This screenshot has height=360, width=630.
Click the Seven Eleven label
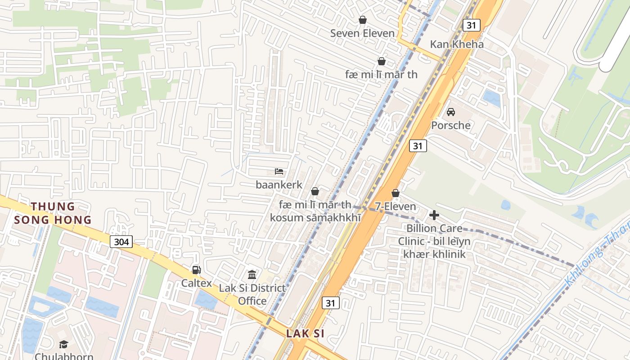(x=362, y=33)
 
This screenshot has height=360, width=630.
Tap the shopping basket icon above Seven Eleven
(x=362, y=20)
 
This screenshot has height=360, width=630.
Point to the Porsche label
(x=450, y=125)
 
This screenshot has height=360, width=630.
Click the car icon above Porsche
(x=450, y=112)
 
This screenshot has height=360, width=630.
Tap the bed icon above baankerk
(x=279, y=171)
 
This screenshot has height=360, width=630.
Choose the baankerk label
(x=279, y=184)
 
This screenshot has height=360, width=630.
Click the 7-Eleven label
(x=396, y=207)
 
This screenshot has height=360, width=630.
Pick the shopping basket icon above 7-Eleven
(x=396, y=193)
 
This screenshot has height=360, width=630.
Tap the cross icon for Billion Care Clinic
(x=434, y=215)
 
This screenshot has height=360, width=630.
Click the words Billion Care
(x=434, y=228)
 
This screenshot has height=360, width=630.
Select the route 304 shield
(x=121, y=242)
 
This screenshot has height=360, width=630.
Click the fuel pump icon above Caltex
(x=196, y=270)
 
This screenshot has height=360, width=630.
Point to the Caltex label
(x=196, y=283)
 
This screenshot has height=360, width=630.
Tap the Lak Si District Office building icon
(x=252, y=274)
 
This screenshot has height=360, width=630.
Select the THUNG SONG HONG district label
(x=53, y=213)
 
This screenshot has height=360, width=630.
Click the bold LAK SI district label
(x=305, y=334)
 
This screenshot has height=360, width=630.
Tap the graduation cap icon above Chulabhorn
(x=63, y=344)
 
